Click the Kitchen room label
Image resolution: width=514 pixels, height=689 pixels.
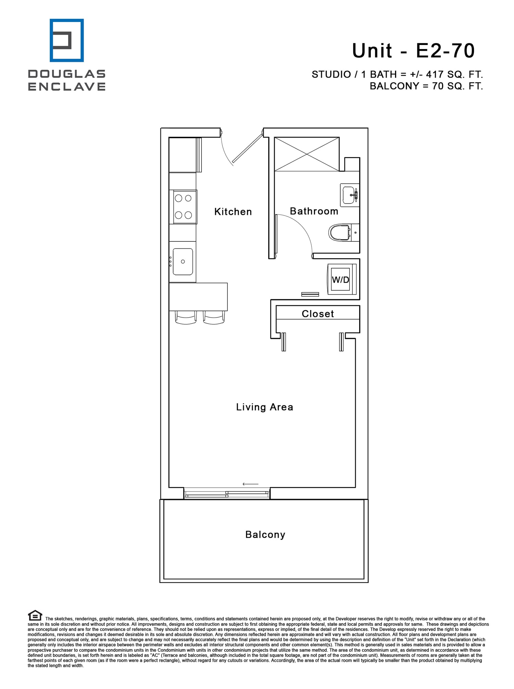click(x=233, y=212)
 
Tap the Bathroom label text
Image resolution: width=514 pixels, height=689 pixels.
click(x=314, y=211)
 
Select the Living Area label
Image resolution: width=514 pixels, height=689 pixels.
click(x=265, y=407)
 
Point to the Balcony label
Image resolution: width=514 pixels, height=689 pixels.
click(x=265, y=535)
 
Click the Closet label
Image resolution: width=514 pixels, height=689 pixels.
click(x=318, y=313)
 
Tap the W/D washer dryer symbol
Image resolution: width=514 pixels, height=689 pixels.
click(x=341, y=280)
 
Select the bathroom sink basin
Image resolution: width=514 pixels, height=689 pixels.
click(x=349, y=195)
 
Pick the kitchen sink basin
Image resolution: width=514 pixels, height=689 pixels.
click(x=183, y=262)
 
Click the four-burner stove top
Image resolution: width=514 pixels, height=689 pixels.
click(x=183, y=207)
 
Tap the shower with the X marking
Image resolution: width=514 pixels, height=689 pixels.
click(x=307, y=154)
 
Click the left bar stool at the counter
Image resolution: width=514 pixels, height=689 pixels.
click(x=186, y=317)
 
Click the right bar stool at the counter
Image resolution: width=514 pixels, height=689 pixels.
click(x=214, y=317)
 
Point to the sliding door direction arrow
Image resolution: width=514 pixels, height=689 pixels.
click(x=250, y=484)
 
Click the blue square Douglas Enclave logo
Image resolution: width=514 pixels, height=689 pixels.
click(x=67, y=40)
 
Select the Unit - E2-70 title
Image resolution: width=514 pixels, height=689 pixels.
click(x=413, y=51)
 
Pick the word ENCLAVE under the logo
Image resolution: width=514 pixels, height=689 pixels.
click(x=67, y=86)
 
